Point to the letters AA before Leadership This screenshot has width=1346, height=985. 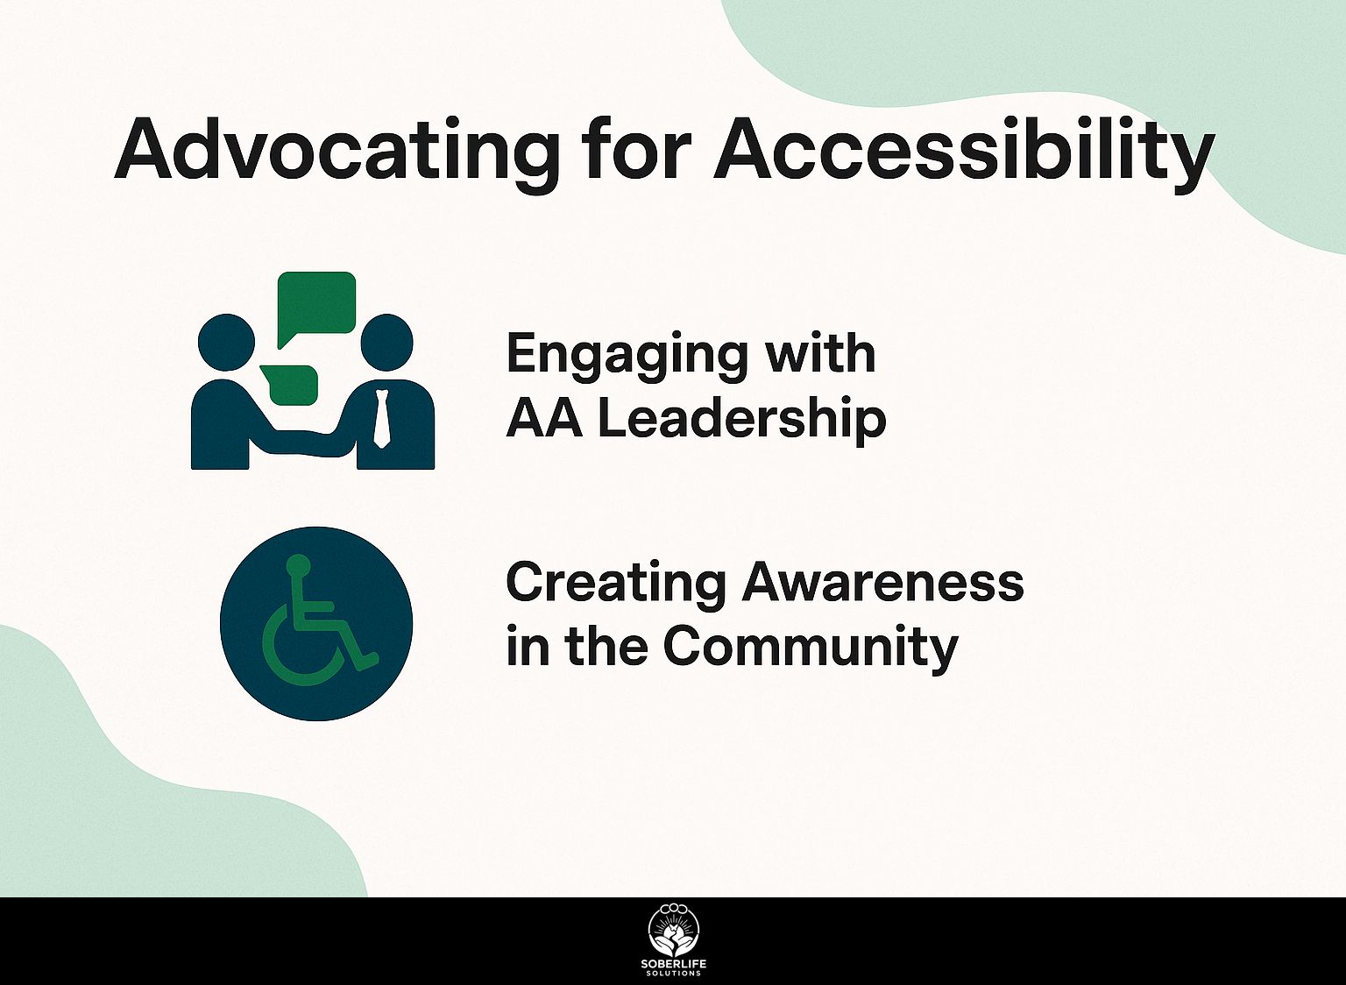pos(544,419)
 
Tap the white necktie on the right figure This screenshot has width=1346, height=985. pos(381,419)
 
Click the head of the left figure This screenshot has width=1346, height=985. pos(226,342)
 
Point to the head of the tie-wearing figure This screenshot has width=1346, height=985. pos(386,342)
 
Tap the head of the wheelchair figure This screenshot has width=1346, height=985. pos(299,565)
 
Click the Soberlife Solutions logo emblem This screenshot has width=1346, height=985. pos(673,931)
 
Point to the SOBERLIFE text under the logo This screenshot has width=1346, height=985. pos(673,964)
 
